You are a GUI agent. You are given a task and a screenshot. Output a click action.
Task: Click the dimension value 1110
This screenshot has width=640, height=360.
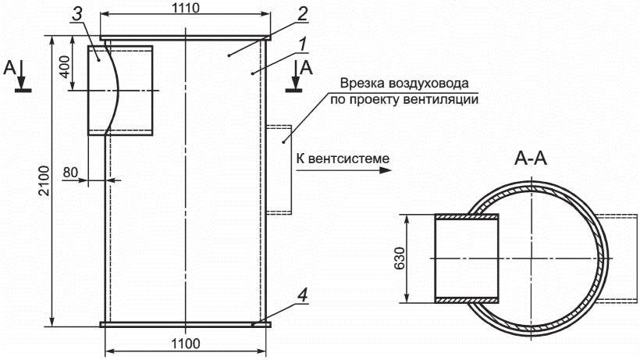[x=185, y=7]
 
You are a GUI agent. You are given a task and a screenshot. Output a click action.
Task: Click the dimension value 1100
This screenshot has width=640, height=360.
[x=185, y=344]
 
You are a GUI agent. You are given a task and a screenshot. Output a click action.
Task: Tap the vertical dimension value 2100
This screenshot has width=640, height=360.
[x=44, y=181]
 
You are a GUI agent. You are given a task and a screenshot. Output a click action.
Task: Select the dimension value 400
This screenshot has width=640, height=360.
[x=65, y=66]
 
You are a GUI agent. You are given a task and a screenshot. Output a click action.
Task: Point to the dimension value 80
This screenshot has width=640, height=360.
[x=70, y=173]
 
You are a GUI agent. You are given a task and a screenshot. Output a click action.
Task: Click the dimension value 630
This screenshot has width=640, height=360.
[x=400, y=258]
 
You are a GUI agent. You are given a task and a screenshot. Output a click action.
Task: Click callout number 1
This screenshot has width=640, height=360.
[x=302, y=45]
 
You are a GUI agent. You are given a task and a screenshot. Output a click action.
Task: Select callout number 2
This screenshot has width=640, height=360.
[x=303, y=14]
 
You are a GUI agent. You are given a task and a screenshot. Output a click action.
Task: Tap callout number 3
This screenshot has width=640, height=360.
[x=76, y=14]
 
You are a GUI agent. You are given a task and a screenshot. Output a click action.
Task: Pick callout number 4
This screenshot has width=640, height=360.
[x=302, y=295]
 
